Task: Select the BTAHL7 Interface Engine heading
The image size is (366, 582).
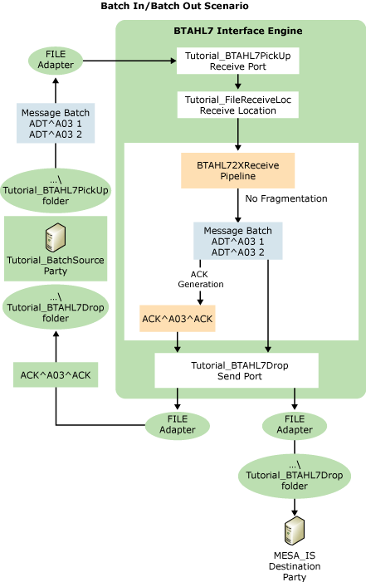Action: click(237, 31)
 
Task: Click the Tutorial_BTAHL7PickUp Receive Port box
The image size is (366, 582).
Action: click(237, 61)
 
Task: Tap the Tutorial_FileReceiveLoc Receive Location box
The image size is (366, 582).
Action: click(237, 104)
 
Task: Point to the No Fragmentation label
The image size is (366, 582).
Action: click(285, 198)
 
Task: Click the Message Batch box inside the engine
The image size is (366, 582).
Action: click(237, 240)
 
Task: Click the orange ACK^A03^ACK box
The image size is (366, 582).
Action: click(177, 318)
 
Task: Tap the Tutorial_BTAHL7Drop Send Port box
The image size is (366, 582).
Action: click(237, 370)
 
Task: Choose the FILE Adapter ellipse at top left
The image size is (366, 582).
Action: click(56, 61)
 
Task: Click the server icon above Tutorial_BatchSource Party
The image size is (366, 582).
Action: click(55, 237)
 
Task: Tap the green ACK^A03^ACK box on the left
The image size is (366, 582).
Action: click(55, 375)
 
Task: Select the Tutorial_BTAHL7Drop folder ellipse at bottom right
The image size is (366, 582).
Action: click(295, 478)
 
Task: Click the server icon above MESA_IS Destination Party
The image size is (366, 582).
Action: click(295, 527)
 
